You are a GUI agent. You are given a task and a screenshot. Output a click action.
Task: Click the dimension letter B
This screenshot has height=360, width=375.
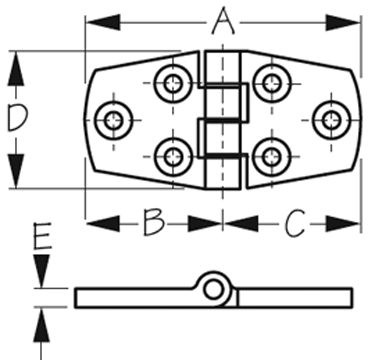153,222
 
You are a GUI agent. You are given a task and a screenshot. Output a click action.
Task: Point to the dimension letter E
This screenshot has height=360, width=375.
41,237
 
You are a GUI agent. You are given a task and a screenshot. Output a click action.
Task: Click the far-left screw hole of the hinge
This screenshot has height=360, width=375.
112,120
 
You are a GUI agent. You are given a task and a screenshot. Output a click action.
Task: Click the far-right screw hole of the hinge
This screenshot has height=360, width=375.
331,120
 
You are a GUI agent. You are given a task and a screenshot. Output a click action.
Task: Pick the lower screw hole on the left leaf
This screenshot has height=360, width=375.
175,156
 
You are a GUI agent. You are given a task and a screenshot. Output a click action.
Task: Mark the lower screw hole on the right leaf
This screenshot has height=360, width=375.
269,156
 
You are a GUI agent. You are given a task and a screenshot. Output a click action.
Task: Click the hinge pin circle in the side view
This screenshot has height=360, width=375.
214,289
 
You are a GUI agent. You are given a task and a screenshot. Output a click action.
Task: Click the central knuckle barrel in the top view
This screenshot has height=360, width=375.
222,120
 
